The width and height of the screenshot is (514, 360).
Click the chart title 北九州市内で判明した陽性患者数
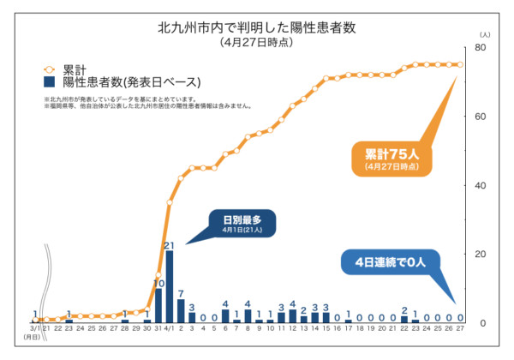tap(256, 27)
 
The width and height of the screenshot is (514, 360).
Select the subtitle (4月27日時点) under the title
tap(256, 42)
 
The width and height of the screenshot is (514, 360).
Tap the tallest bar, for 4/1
tap(170, 286)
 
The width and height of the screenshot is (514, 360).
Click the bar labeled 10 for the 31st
tap(158, 305)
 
